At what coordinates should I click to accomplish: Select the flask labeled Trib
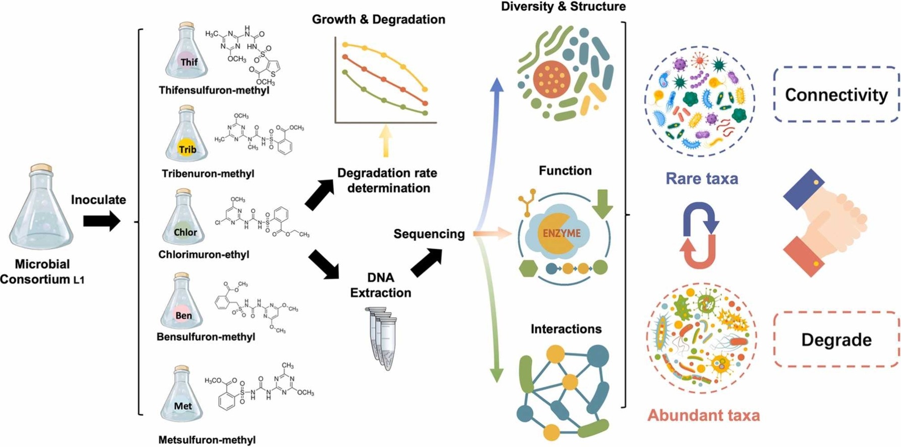[187, 139]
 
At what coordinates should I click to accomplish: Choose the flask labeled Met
[182, 397]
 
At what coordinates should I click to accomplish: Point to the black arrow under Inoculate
[101, 221]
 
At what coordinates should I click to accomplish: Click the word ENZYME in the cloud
[562, 234]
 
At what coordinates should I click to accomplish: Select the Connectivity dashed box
[836, 95]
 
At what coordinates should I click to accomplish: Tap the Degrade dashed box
[836, 340]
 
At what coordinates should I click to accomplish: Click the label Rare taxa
[702, 179]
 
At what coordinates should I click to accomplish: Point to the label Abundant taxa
[703, 416]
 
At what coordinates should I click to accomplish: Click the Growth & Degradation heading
[378, 20]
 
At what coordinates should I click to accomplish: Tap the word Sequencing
[429, 234]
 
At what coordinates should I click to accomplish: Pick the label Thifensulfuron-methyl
[214, 91]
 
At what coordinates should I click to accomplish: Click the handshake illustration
[824, 222]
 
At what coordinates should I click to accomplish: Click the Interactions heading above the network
[566, 329]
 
